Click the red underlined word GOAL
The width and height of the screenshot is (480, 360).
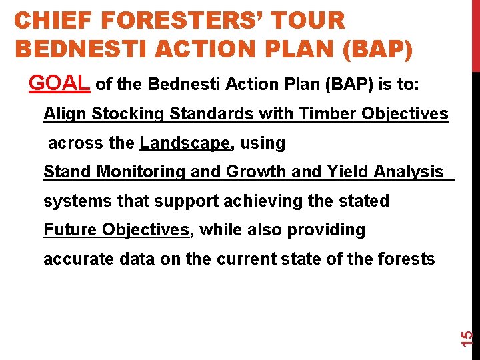pos(59,83)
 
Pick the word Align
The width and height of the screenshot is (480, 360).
pos(65,114)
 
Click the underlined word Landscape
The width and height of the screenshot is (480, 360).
pos(185,143)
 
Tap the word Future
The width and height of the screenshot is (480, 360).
pos(70,230)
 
